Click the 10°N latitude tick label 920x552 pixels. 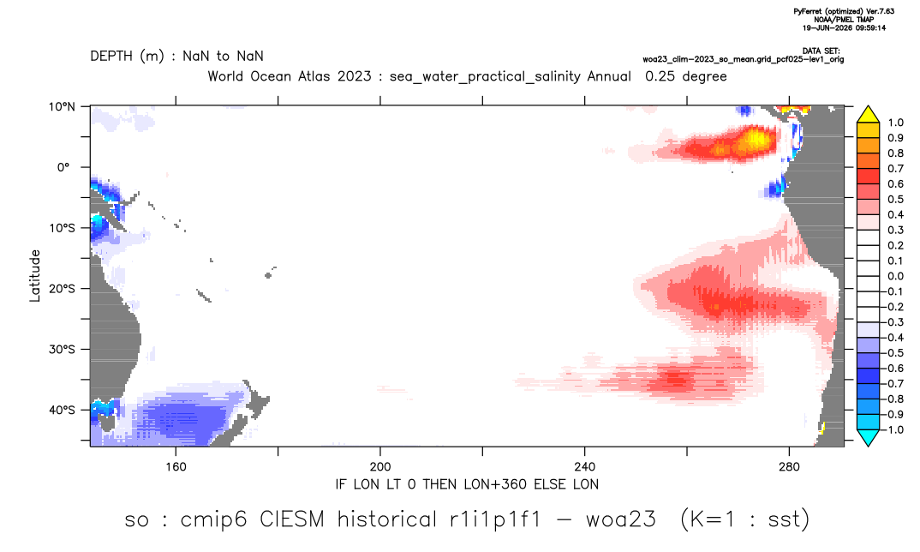pyautogui.click(x=62, y=107)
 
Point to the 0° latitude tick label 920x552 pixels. pyautogui.click(x=63, y=167)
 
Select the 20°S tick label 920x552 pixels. pyautogui.click(x=62, y=289)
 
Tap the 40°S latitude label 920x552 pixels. pyautogui.click(x=62, y=410)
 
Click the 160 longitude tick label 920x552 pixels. pyautogui.click(x=176, y=467)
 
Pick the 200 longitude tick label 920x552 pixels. pyautogui.click(x=380, y=467)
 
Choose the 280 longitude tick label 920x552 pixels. pyautogui.click(x=789, y=467)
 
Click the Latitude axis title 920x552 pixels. pyautogui.click(x=35, y=276)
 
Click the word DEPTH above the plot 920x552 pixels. pyautogui.click(x=112, y=57)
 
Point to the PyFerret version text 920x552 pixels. pyautogui.click(x=844, y=11)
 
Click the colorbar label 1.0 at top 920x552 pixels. pyautogui.click(x=895, y=123)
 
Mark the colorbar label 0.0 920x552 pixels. pyautogui.click(x=895, y=276)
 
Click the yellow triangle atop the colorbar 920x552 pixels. pyautogui.click(x=868, y=115)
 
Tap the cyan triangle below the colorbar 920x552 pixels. pyautogui.click(x=868, y=437)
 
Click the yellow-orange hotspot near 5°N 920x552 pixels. pyautogui.click(x=753, y=140)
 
